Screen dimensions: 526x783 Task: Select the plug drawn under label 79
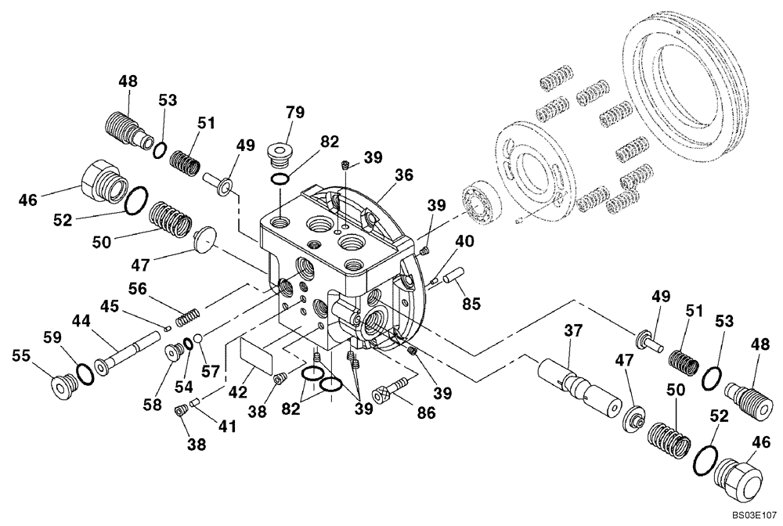278,155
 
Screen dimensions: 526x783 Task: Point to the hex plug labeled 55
60,386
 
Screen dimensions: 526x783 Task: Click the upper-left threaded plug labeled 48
125,128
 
